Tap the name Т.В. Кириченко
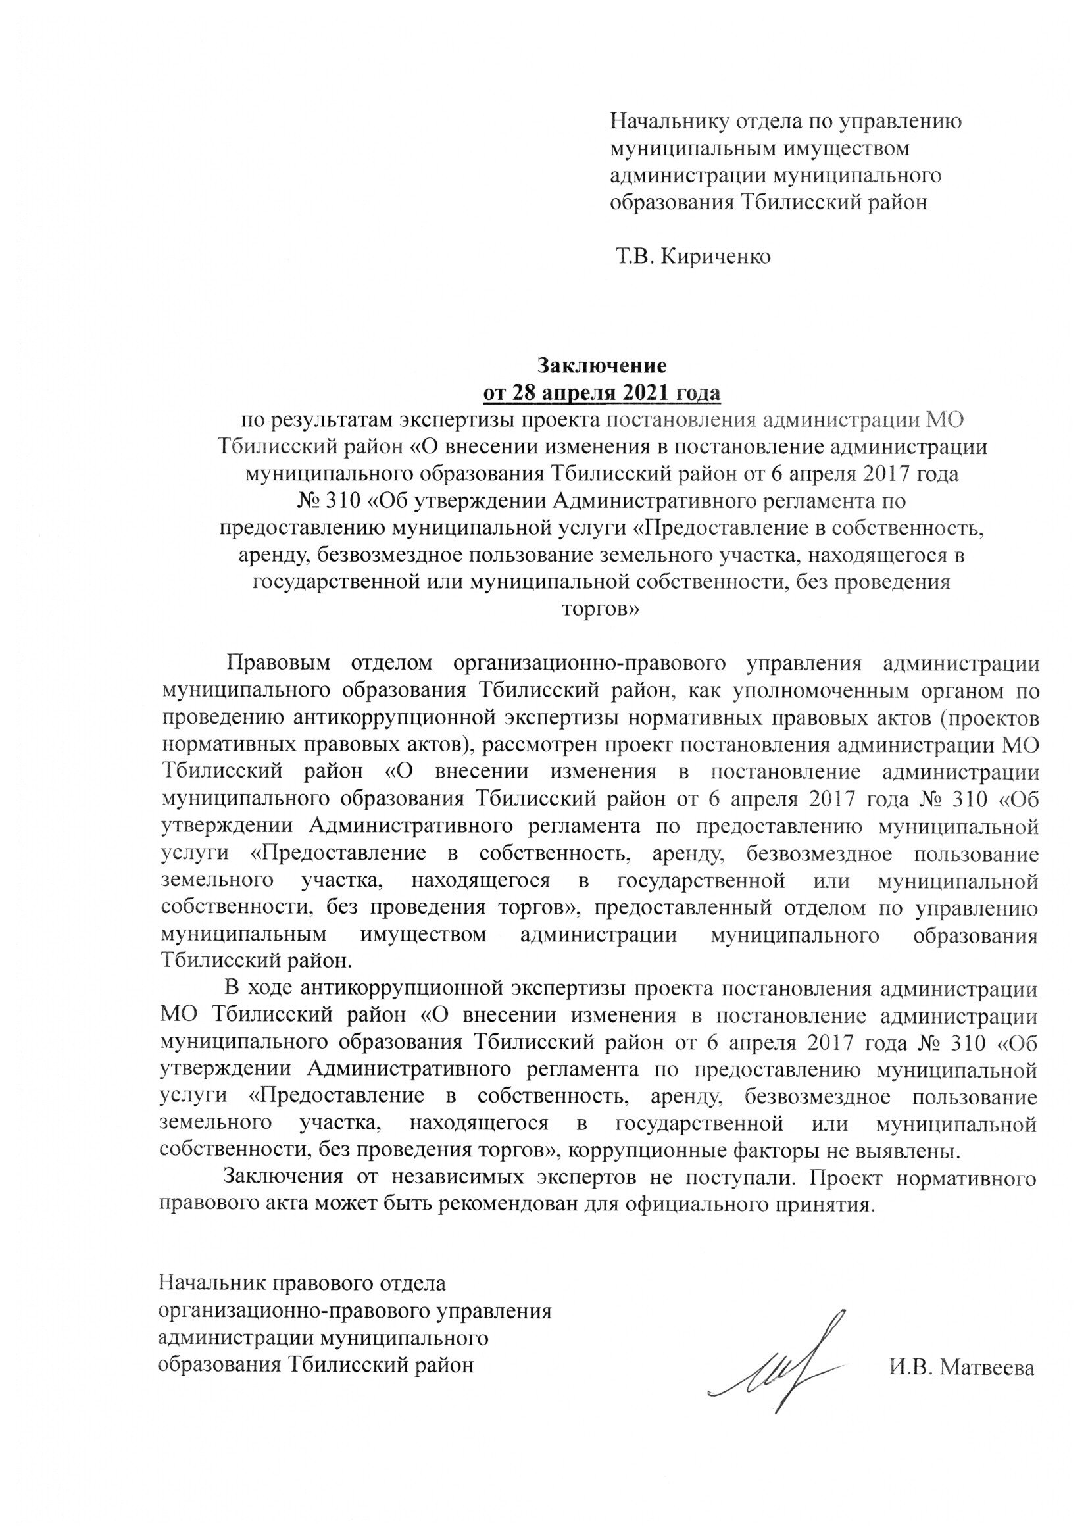click(693, 256)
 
